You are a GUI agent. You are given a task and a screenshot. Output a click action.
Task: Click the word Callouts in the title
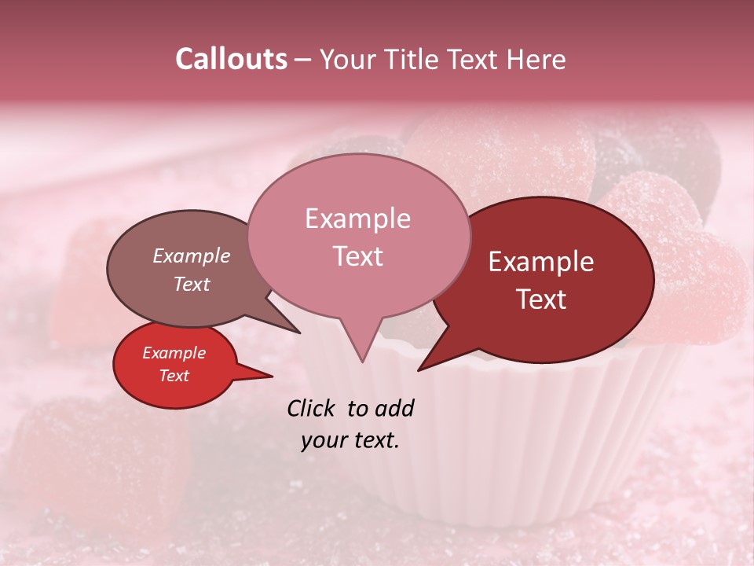(231, 59)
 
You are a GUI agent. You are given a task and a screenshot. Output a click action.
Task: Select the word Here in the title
(536, 59)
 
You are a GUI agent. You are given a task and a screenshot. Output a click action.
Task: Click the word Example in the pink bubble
(357, 219)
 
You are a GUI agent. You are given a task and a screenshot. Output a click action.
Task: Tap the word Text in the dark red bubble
(542, 300)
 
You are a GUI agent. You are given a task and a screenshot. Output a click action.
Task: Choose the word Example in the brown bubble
(191, 256)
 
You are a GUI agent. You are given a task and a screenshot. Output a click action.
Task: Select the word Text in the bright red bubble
(174, 376)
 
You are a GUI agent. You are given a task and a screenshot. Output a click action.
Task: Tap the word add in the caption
(394, 409)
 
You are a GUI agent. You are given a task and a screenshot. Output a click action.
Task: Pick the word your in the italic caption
(323, 441)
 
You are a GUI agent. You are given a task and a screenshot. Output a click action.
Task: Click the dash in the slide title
(304, 60)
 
